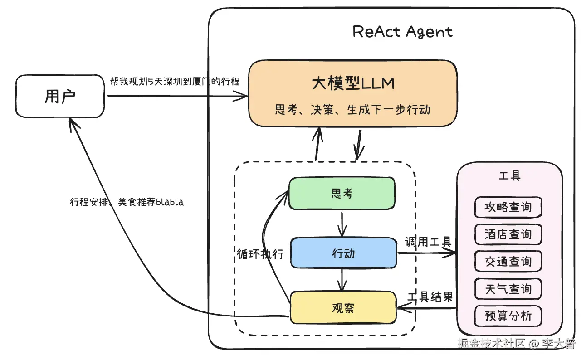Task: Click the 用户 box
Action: (x=60, y=96)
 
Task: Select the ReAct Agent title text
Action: (x=402, y=32)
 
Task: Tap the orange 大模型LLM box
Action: (x=353, y=93)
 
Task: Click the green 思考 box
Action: (x=342, y=194)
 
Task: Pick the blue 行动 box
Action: (x=343, y=253)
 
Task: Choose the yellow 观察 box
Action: (x=343, y=308)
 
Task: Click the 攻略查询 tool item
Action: (x=508, y=207)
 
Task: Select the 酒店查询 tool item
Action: (x=508, y=234)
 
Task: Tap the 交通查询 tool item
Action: (x=508, y=262)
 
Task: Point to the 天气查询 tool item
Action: (x=508, y=289)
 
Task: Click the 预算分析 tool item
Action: (x=508, y=316)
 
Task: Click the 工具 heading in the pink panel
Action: (x=509, y=175)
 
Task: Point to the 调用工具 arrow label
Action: (x=429, y=242)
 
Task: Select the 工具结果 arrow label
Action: (x=430, y=297)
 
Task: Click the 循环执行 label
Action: (x=260, y=254)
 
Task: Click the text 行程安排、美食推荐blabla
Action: (x=127, y=202)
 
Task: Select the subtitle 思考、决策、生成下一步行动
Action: (x=352, y=109)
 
